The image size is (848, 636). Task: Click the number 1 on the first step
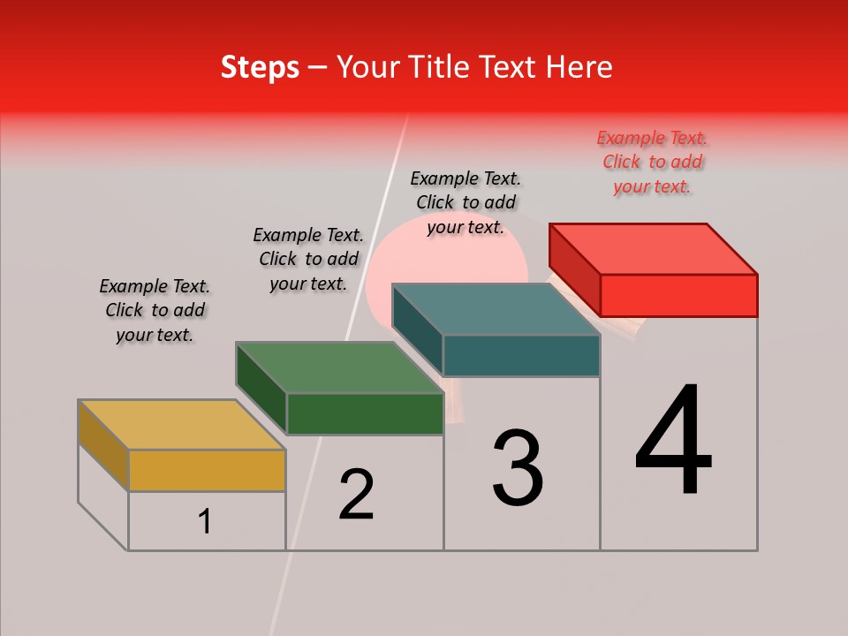(x=205, y=521)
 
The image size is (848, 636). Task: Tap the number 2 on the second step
(x=356, y=494)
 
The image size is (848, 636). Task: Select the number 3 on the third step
(x=518, y=468)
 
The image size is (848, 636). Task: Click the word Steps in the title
(x=260, y=67)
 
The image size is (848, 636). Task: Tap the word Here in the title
(x=579, y=67)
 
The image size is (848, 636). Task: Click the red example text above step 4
(x=652, y=163)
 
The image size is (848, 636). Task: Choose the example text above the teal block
(x=466, y=202)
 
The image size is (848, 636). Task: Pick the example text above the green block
(x=308, y=259)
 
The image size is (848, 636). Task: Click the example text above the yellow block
(x=155, y=310)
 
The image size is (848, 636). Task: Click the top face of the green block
(x=339, y=367)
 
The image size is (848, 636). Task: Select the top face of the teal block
(x=496, y=309)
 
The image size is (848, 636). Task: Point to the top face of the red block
(x=654, y=248)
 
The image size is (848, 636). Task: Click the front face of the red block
(x=678, y=295)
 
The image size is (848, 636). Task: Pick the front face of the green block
(x=365, y=413)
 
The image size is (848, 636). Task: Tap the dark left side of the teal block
(x=417, y=329)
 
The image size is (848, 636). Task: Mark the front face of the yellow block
(x=207, y=470)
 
